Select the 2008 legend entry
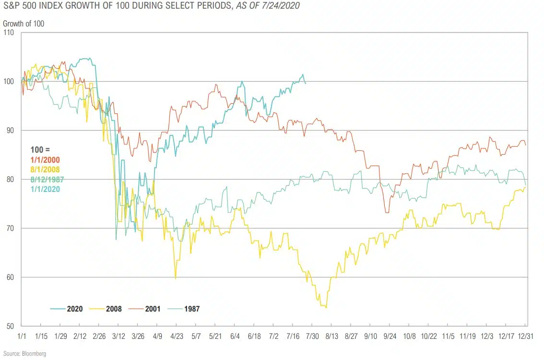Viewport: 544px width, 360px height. click(114, 309)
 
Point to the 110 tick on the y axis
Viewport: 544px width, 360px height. click(9, 33)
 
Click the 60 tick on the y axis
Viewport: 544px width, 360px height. click(10, 277)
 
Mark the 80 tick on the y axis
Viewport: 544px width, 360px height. click(10, 180)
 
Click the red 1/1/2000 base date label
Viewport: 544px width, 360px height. click(45, 159)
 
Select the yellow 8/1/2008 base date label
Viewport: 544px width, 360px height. click(45, 169)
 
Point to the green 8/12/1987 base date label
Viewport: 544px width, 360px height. click(47, 180)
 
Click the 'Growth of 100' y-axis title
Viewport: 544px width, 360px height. click(24, 23)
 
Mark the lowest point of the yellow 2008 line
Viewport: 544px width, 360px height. click(326, 307)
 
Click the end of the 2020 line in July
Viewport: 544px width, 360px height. click(306, 83)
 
